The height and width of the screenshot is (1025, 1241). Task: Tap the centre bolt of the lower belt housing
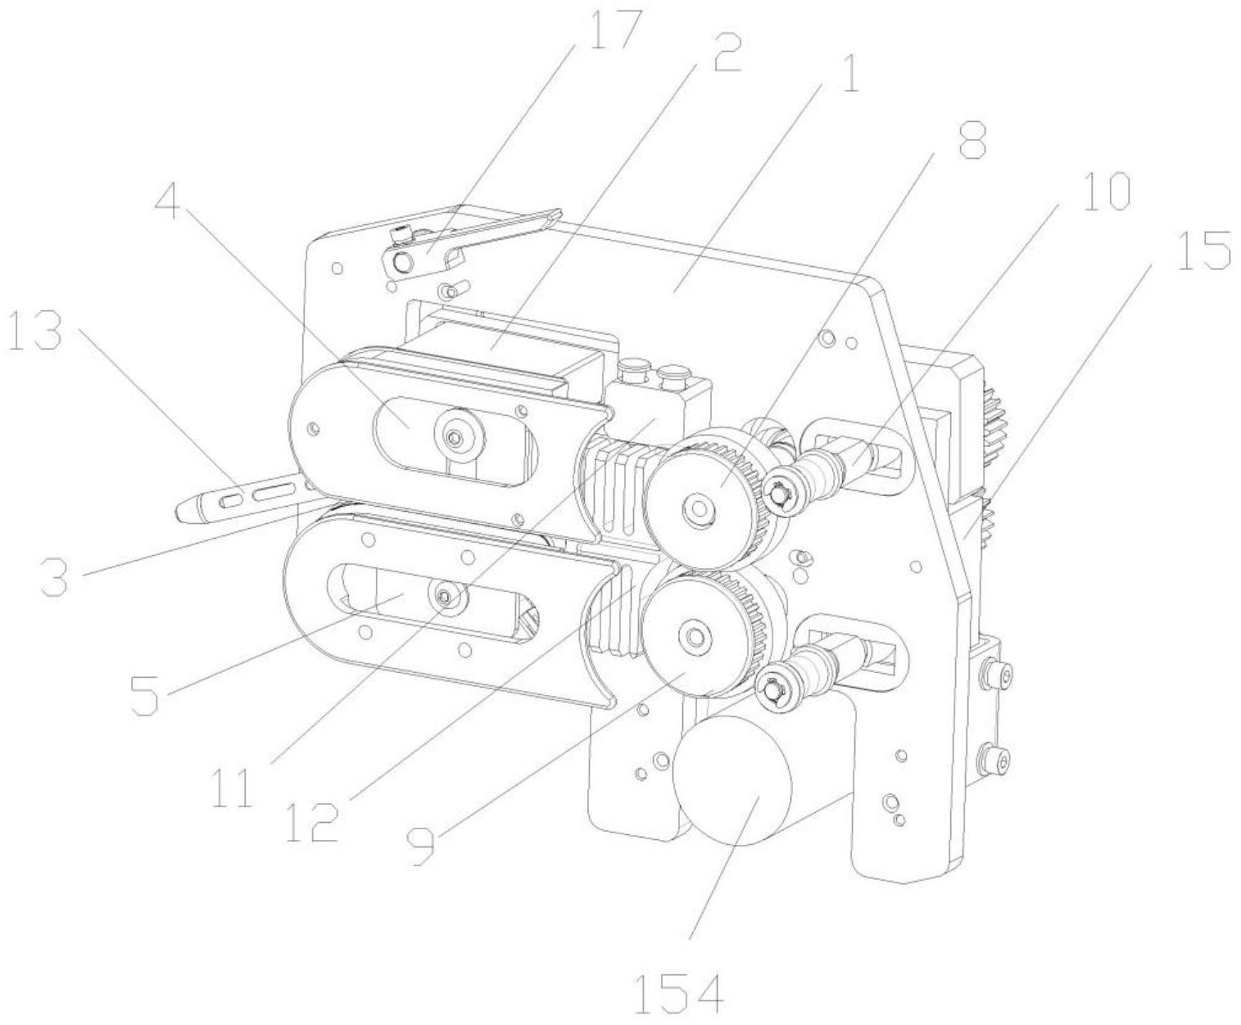[443, 595]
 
